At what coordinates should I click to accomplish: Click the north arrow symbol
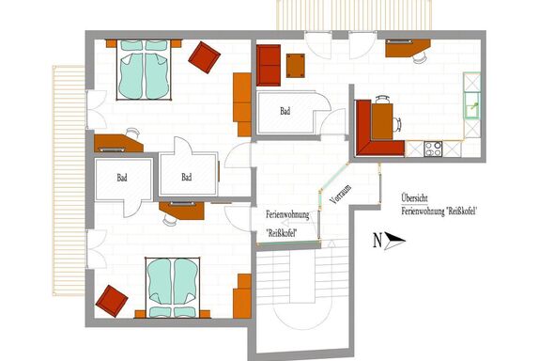393,241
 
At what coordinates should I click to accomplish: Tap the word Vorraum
341,195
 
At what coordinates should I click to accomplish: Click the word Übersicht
414,198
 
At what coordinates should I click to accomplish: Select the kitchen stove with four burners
433,149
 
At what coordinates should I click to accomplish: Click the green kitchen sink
471,105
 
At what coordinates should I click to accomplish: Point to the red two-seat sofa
269,66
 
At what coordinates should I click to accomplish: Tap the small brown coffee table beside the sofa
296,66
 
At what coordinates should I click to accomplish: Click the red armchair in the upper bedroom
204,57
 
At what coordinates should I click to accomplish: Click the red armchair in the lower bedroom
112,301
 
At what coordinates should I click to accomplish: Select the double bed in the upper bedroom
144,70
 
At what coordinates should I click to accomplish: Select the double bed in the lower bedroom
173,288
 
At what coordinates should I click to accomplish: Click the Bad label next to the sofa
285,111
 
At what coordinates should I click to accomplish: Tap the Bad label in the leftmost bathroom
122,178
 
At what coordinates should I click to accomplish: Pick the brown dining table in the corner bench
382,121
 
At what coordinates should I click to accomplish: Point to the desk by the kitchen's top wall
407,48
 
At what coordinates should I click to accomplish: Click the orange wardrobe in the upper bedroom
242,104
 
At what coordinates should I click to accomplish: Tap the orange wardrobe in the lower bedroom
242,296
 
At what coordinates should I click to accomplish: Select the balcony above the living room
354,15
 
